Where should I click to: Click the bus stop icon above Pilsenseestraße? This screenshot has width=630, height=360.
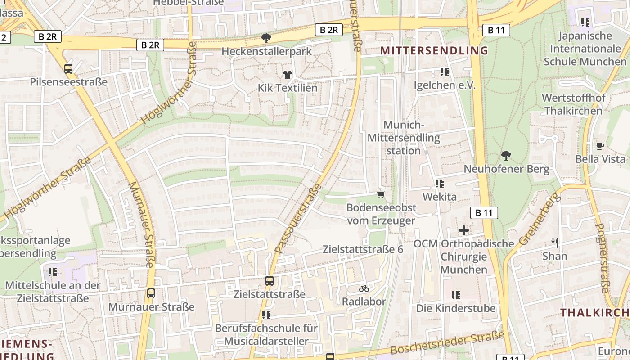(68, 69)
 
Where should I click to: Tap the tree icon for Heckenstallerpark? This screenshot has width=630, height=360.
(266, 38)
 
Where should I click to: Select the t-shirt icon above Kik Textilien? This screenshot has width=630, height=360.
(288, 74)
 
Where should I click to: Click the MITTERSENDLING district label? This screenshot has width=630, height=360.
(434, 50)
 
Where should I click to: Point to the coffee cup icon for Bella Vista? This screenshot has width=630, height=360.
(600, 146)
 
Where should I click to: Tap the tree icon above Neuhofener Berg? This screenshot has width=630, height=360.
(506, 156)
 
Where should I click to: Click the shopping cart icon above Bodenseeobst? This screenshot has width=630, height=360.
(381, 194)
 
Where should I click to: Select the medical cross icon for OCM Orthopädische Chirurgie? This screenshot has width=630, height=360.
(463, 230)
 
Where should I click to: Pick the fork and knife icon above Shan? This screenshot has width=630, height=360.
(555, 243)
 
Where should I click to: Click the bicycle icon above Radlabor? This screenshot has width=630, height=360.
(364, 288)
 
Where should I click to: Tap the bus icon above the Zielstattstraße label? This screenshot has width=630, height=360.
(269, 281)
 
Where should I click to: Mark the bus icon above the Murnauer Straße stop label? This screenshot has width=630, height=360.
(151, 293)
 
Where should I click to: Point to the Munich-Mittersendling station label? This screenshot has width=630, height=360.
(404, 138)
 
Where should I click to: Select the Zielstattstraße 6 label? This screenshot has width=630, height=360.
(363, 249)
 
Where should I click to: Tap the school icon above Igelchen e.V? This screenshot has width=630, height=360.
(445, 72)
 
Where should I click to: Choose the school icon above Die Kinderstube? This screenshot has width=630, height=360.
(456, 295)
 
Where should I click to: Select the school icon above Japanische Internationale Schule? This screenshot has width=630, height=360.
(585, 22)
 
